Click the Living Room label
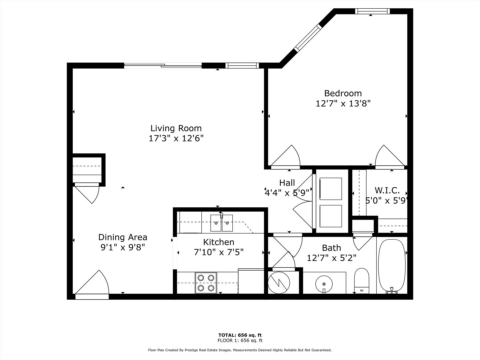pyautogui.click(x=176, y=128)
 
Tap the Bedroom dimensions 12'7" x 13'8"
pyautogui.click(x=343, y=103)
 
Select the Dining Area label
pyautogui.click(x=123, y=237)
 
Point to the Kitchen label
pyautogui.click(x=219, y=242)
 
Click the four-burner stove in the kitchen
pyautogui.click(x=206, y=283)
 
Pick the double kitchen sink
pyautogui.click(x=222, y=223)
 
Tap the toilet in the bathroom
pyautogui.click(x=362, y=281)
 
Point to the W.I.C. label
pyautogui.click(x=387, y=190)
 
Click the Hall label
pyautogui.click(x=287, y=183)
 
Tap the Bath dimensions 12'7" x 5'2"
pyautogui.click(x=332, y=258)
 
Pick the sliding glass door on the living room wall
pyautogui.click(x=163, y=66)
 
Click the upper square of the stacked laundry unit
pyautogui.click(x=331, y=189)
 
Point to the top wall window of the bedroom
pyautogui.click(x=372, y=11)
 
